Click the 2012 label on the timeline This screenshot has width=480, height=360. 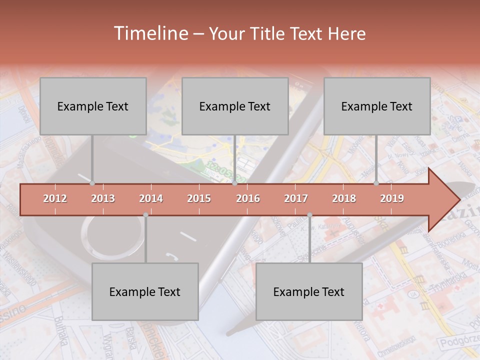pyautogui.click(x=55, y=198)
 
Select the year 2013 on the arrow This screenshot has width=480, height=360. pyautogui.click(x=103, y=198)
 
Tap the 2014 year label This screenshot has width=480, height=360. pyautogui.click(x=151, y=198)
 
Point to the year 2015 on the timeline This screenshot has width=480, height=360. pyautogui.click(x=199, y=198)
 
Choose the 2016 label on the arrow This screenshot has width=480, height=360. pyautogui.click(x=248, y=198)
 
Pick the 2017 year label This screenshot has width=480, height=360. pyautogui.click(x=296, y=198)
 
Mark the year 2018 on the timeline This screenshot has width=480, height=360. pyautogui.click(x=344, y=198)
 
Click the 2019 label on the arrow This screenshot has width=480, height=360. pyautogui.click(x=392, y=198)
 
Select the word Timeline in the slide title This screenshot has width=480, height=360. pyautogui.click(x=149, y=33)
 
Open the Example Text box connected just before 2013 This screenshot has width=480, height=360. pyautogui.click(x=93, y=106)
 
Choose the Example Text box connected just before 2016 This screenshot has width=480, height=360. pyautogui.click(x=235, y=106)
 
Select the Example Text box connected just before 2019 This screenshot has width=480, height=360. pyautogui.click(x=377, y=106)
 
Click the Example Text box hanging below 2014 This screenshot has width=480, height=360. pyautogui.click(x=145, y=291)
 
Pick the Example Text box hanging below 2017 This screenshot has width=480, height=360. pyautogui.click(x=309, y=291)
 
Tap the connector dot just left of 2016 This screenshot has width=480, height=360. pyautogui.click(x=235, y=183)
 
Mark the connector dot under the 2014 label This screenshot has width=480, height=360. pyautogui.click(x=145, y=215)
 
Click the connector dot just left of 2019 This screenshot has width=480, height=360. pyautogui.click(x=376, y=183)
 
